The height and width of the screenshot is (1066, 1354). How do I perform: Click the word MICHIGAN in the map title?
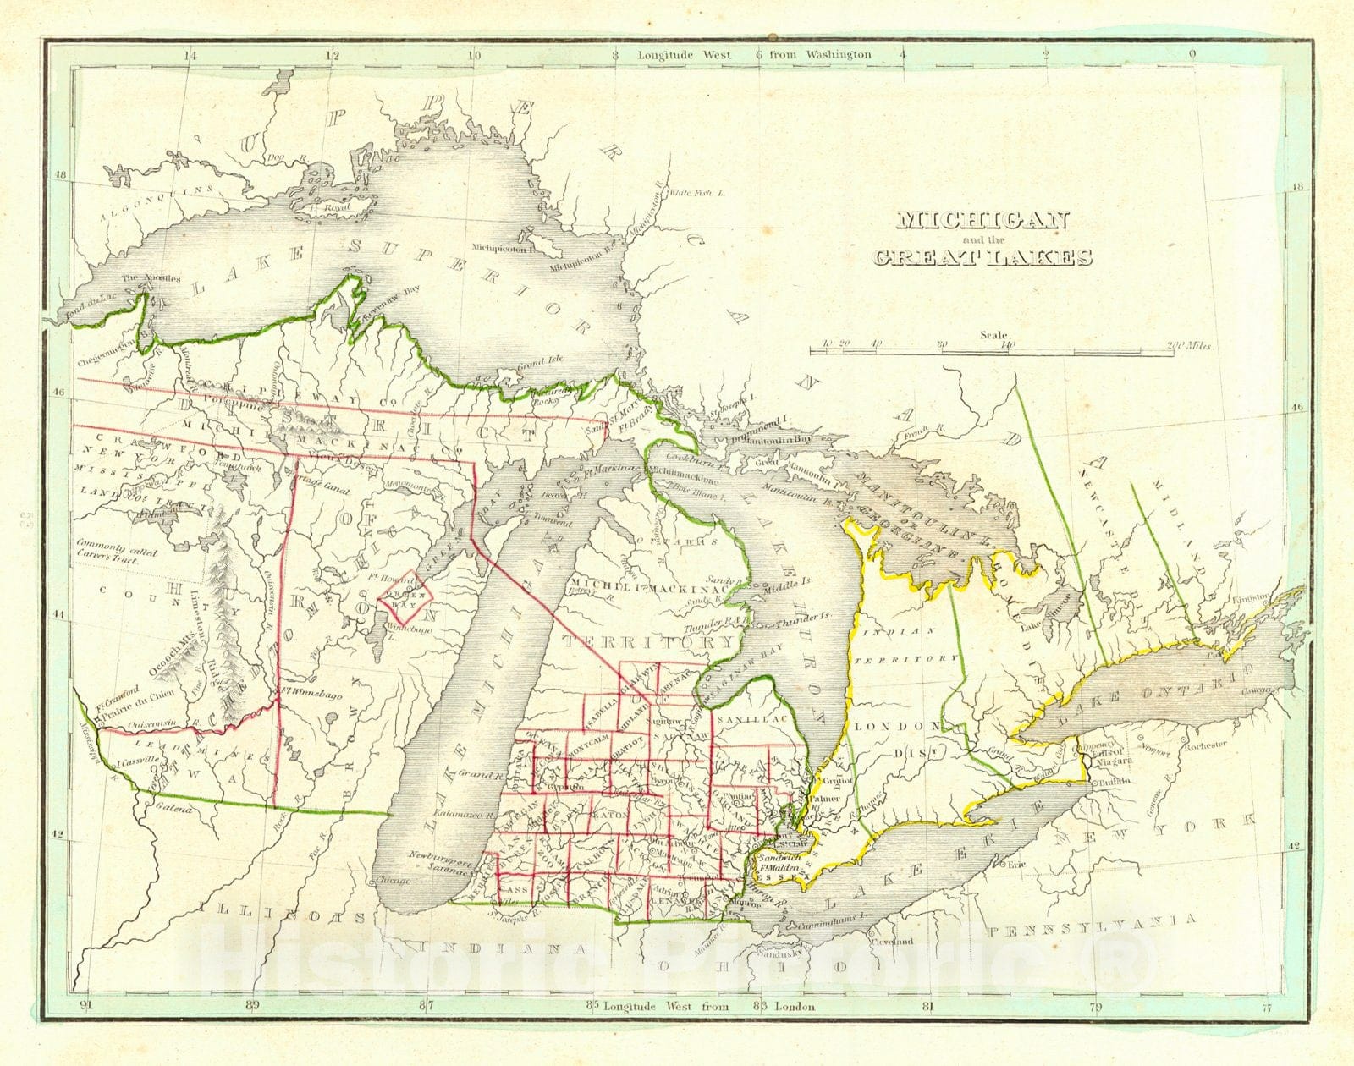(x=982, y=221)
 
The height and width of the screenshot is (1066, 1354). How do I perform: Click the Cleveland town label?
(x=903, y=941)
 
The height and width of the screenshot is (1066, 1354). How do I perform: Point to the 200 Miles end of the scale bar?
(x=1188, y=346)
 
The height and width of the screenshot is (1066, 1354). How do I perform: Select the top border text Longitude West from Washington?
(x=755, y=54)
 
